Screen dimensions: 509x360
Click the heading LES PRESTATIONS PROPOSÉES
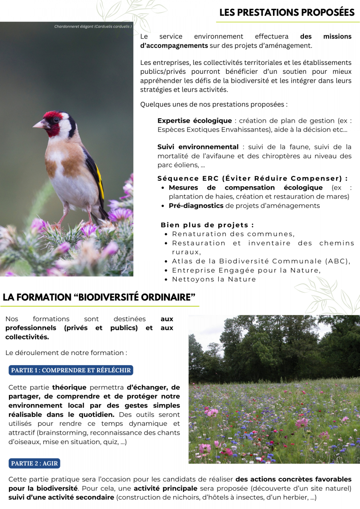[x=287, y=13]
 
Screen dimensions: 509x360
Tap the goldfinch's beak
[x=39, y=125]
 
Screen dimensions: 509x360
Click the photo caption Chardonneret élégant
[x=93, y=26]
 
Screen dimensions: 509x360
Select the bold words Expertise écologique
[x=194, y=121]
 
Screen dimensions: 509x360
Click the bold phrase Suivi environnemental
[x=198, y=147]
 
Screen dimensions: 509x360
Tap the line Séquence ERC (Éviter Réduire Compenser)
[x=252, y=178]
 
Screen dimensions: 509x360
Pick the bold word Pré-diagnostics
[x=196, y=206]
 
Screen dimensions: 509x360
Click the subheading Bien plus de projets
[x=207, y=225]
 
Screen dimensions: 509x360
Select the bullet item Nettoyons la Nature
[x=214, y=279]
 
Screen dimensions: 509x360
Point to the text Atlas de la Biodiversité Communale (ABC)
[x=261, y=261]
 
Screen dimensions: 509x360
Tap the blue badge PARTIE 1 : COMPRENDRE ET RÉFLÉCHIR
[x=71, y=370]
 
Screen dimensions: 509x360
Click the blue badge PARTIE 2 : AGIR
[x=34, y=463]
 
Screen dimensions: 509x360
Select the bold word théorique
[x=69, y=387]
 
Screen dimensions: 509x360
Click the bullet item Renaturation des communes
[x=233, y=234]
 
